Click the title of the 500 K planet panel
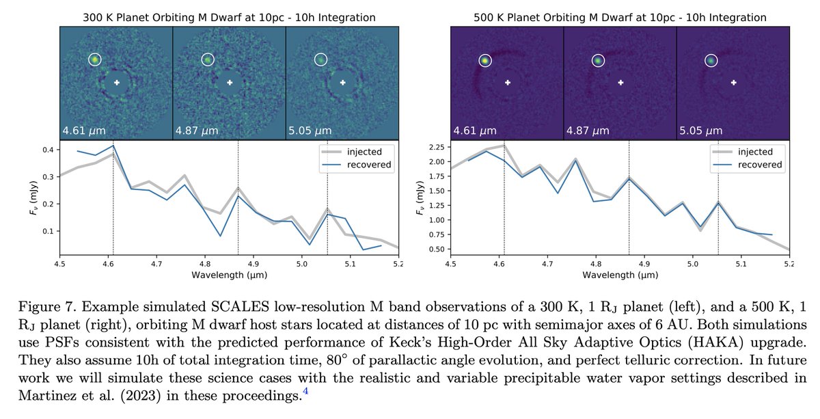click(619, 16)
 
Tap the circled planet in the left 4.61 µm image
click(95, 60)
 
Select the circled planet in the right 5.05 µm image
click(711, 60)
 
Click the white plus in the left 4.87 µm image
click(230, 83)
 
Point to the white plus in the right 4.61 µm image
click(508, 83)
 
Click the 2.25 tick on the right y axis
click(436, 147)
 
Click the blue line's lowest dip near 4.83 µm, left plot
click(221, 236)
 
